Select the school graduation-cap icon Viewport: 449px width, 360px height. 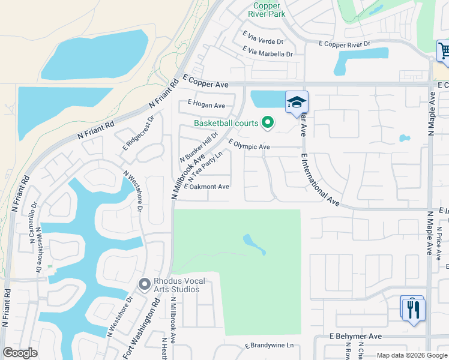[297, 103]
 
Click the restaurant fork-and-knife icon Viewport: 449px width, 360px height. [414, 310]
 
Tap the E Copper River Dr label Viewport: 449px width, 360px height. [345, 44]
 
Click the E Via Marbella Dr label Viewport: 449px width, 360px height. [267, 53]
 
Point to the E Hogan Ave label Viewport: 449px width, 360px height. [206, 105]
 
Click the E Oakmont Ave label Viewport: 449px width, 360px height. [207, 187]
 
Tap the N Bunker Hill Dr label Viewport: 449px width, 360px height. [199, 148]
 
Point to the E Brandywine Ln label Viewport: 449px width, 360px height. [269, 346]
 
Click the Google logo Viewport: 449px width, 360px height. [20, 353]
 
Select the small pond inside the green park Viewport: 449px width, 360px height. [254, 244]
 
